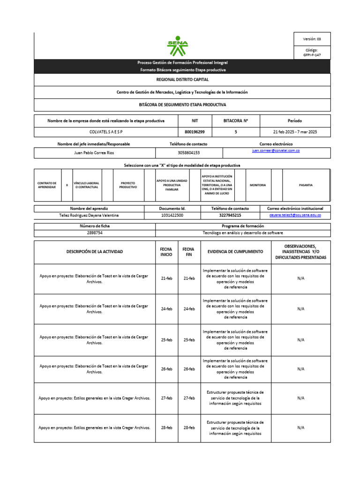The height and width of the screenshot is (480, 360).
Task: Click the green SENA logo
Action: click(178, 45)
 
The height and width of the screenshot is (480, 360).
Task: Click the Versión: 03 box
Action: click(312, 39)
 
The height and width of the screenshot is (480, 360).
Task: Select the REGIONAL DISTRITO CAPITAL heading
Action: click(182, 80)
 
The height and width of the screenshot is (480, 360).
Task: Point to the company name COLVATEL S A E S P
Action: click(106, 132)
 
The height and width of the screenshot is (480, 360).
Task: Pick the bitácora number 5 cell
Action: click(235, 132)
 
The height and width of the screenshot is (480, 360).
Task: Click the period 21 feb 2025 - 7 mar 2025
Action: click(295, 132)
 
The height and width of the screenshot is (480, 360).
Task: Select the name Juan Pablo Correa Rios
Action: click(94, 153)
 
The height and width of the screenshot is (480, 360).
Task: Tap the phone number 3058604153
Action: click(188, 153)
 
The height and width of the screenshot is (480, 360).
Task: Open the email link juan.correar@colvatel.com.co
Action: click(276, 150)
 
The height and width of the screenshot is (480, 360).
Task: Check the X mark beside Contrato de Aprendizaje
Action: click(67, 185)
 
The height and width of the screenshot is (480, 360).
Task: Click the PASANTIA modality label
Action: click(306, 185)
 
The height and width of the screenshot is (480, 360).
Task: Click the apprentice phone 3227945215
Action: click(230, 215)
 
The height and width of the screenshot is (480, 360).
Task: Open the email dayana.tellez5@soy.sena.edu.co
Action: click(295, 215)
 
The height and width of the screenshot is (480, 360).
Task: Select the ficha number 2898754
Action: click(95, 233)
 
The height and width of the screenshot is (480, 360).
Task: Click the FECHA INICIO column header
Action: click(166, 252)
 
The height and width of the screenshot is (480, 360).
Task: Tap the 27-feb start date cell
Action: click(166, 398)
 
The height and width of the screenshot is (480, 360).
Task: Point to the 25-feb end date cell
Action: click(189, 340)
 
